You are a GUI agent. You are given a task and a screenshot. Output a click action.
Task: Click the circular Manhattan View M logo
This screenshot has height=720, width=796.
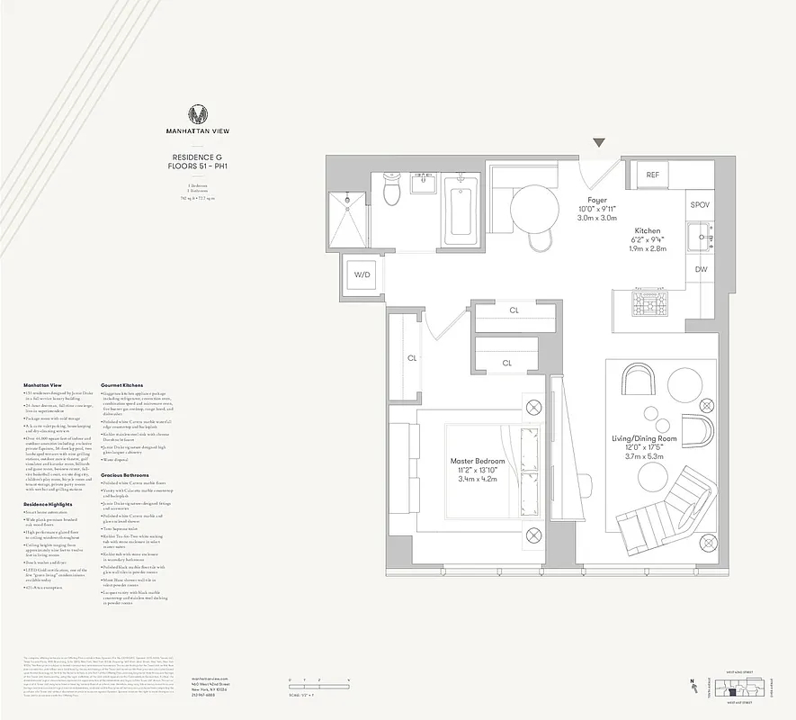coord(199,114)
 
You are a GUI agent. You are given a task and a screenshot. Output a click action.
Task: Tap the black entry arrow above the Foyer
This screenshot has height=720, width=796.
coord(599,143)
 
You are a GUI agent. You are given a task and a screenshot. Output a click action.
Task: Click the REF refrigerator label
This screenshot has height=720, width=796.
coord(652,175)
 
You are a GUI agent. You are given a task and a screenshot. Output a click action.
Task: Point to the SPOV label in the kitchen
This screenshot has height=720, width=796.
coord(700,205)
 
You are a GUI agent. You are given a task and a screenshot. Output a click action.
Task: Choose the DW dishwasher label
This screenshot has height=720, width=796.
coord(700,269)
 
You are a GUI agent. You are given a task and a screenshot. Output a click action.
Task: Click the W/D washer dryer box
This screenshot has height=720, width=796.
coord(362,274)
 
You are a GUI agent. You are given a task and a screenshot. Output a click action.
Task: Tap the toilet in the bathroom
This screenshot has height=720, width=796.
coord(391,189)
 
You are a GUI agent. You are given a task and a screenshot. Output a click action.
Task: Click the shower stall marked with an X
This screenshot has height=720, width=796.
coord(347,219)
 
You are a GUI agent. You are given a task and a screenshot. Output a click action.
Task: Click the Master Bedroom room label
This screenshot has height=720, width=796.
coord(478,462)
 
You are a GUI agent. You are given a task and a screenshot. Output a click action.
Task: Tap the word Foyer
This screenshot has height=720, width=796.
coord(597,200)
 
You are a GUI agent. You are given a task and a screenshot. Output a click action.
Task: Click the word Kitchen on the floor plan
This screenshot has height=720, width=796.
coord(648,230)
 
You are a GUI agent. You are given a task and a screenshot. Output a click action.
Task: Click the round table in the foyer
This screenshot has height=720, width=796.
coord(536,209)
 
